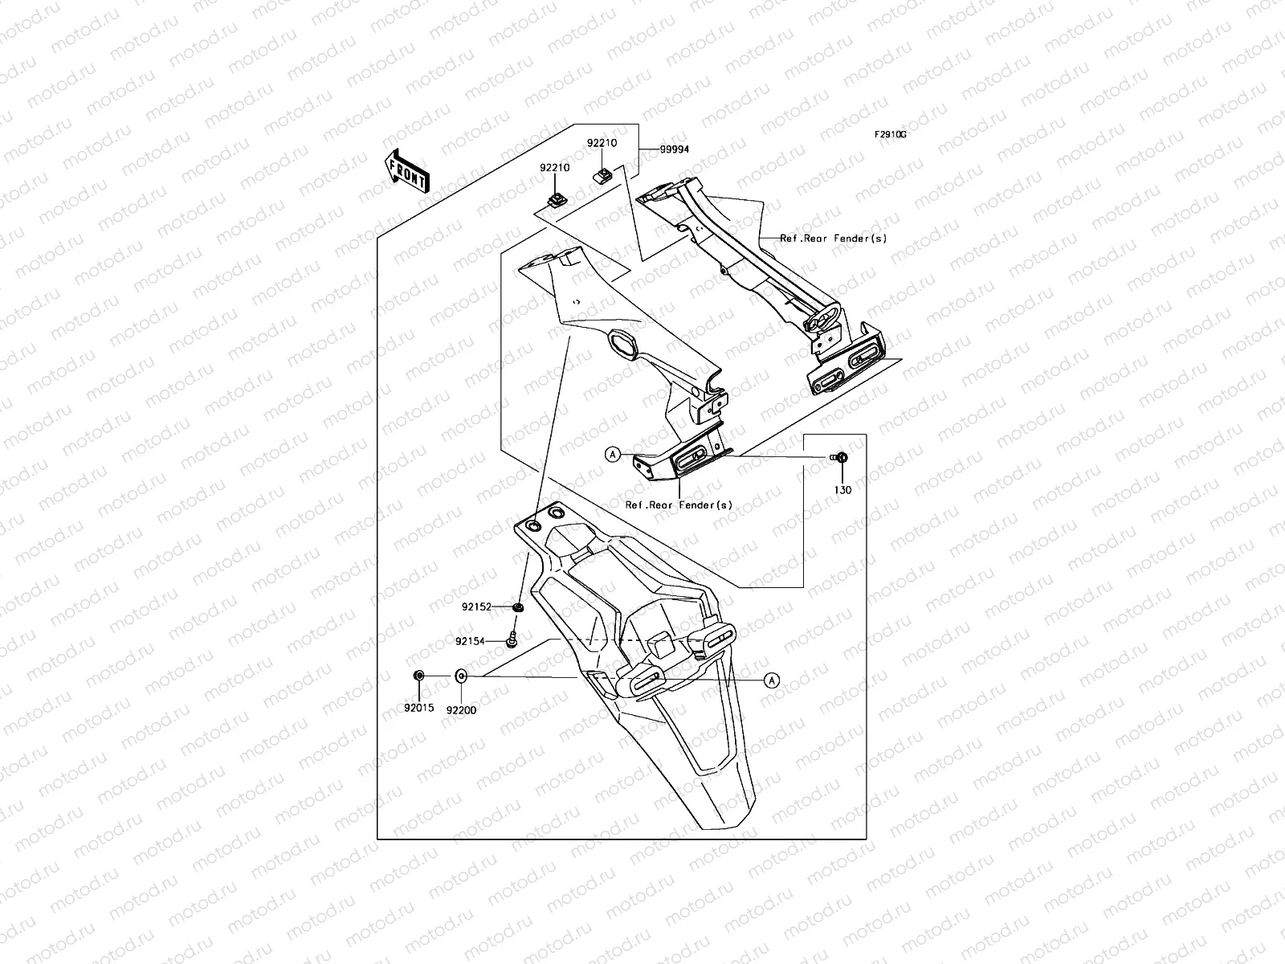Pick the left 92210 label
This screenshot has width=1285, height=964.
click(555, 168)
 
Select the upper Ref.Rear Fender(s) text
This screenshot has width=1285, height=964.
click(834, 239)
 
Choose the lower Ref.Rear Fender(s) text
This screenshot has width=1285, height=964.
click(679, 505)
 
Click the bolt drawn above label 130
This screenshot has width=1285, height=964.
click(840, 458)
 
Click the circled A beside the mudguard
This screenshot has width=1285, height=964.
click(771, 680)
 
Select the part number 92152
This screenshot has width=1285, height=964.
click(476, 607)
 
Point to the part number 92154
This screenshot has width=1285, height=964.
click(470, 642)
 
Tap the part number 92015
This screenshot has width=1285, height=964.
click(418, 709)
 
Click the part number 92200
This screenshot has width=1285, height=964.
click(461, 709)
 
